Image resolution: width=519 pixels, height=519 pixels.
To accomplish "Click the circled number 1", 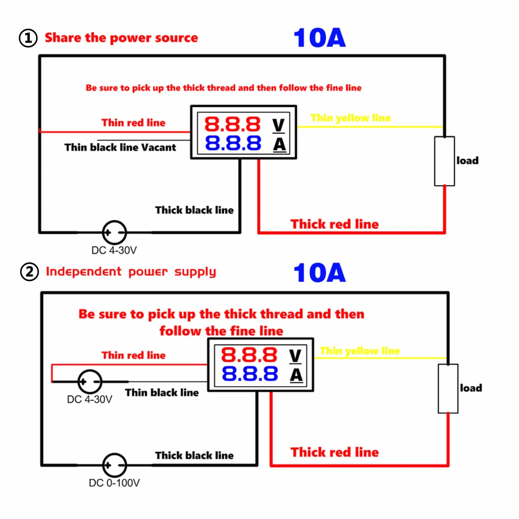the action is tap(28, 38).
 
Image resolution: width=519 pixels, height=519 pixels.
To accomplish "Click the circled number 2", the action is tap(29, 272).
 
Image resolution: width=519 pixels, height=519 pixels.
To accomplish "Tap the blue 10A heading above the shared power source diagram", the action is tap(319, 38).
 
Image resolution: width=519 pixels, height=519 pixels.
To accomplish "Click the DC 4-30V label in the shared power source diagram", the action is tap(114, 250).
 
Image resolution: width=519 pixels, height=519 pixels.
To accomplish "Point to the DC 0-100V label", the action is tap(114, 483).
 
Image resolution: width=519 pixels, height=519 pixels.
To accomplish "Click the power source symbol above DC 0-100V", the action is tap(115, 465).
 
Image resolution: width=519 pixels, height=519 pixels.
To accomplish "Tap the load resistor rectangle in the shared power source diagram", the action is tap(445, 161).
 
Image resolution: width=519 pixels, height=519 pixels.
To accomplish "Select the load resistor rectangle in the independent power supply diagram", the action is tap(448, 389).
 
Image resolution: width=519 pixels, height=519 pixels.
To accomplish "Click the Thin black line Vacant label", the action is tap(120, 147).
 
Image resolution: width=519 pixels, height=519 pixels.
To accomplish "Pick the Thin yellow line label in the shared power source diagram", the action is tap(351, 118).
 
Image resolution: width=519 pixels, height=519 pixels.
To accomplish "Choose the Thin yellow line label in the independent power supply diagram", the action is tap(360, 351).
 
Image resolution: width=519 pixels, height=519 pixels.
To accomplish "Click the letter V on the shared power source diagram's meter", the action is tap(279, 125).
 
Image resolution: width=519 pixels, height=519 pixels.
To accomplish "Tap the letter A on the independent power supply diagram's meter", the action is tap(296, 375).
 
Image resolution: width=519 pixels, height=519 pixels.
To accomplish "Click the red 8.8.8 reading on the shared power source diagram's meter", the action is tap(233, 124).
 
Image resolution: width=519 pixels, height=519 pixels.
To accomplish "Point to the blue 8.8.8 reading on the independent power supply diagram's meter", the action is tap(250, 374).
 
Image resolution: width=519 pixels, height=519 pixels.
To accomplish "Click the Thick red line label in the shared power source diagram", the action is tap(335, 224).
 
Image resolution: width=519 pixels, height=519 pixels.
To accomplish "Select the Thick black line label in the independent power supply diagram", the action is tap(194, 455).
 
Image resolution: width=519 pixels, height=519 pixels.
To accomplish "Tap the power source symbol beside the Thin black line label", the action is tap(90, 382).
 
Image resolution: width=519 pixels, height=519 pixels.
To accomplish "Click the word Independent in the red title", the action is tap(84, 271).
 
